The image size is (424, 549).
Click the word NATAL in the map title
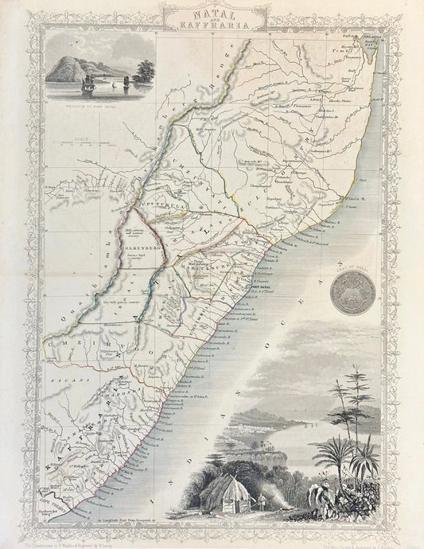click(212, 13)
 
